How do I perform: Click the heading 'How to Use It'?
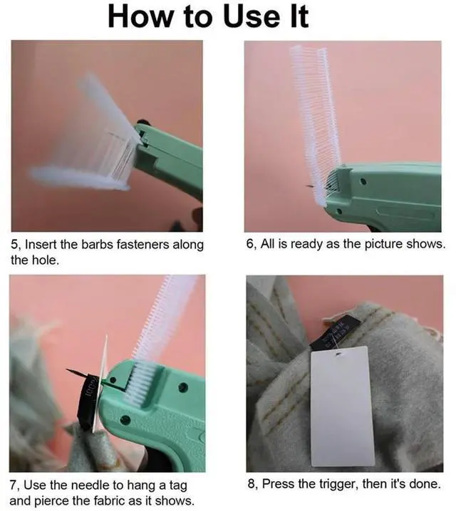click(x=208, y=16)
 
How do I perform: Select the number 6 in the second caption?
click(x=250, y=244)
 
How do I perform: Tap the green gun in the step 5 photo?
click(x=171, y=157)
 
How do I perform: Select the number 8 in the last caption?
click(x=252, y=484)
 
